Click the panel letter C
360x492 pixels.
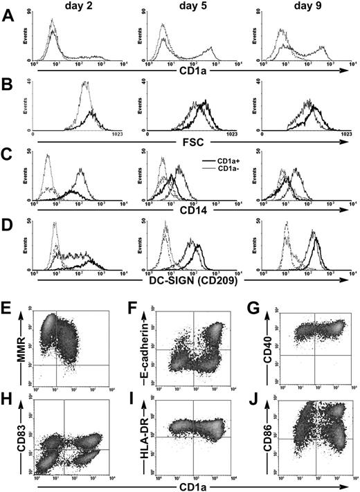click(x=8, y=158)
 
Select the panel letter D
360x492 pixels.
click(x=8, y=224)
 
